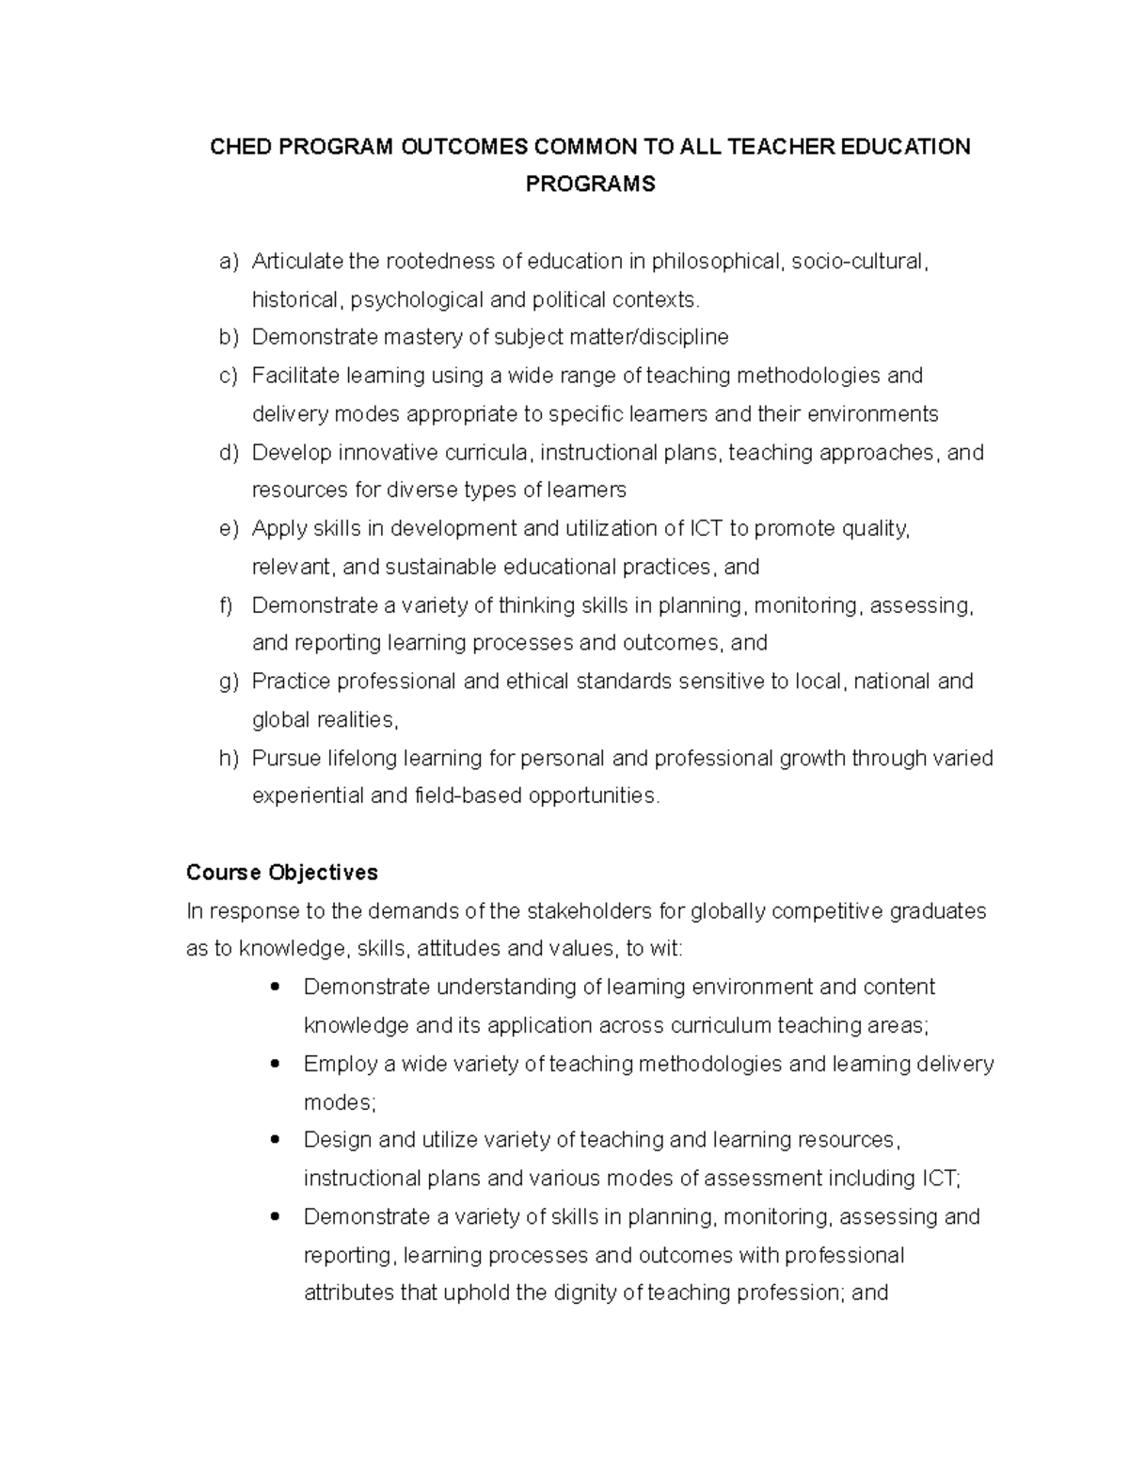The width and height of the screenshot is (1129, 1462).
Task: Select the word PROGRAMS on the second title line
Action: pyautogui.click(x=590, y=185)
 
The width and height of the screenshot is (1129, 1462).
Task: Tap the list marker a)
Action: pyautogui.click(x=229, y=262)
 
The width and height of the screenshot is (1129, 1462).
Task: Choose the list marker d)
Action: pyautogui.click(x=229, y=453)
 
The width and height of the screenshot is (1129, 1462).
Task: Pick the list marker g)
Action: pyautogui.click(x=229, y=682)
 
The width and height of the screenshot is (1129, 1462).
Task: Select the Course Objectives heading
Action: pyautogui.click(x=282, y=873)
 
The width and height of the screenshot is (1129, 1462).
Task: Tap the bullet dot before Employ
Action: pyautogui.click(x=275, y=1064)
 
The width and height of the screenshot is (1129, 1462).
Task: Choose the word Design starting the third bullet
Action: pyautogui.click(x=332, y=1140)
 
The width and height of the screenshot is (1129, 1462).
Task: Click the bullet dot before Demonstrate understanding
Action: pyautogui.click(x=275, y=988)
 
